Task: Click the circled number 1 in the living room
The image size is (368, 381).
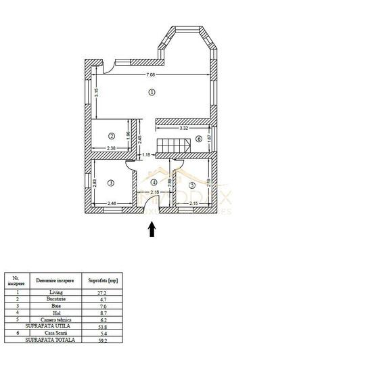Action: click(152, 92)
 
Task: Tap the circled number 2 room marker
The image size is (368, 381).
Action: click(111, 135)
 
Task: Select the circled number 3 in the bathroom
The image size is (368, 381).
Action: click(111, 182)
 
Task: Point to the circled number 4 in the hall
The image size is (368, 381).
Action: click(154, 181)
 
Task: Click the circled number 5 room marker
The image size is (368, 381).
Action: click(192, 184)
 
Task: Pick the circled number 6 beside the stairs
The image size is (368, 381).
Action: click(198, 139)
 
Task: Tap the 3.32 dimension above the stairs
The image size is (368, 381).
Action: click(183, 127)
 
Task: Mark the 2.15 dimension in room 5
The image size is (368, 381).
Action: click(193, 204)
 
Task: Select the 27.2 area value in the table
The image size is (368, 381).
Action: click(103, 292)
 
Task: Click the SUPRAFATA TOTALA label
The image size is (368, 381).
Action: click(46, 339)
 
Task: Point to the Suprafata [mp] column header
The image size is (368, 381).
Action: click(103, 279)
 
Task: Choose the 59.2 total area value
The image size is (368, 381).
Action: click(103, 339)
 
